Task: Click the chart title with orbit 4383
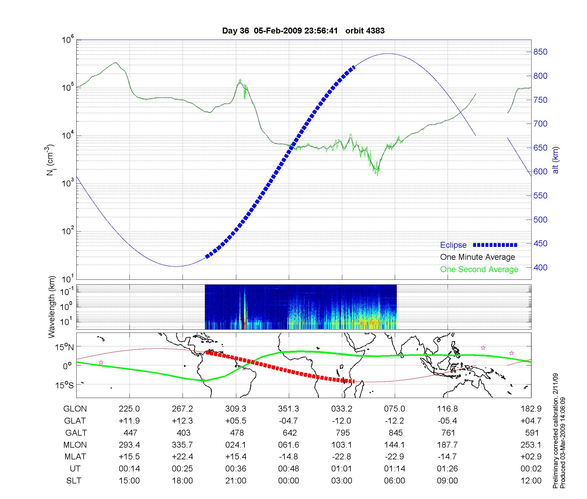(x=303, y=31)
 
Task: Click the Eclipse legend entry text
(x=453, y=245)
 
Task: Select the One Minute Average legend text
(x=478, y=257)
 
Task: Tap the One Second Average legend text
(x=479, y=269)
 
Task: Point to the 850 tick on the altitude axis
(x=540, y=52)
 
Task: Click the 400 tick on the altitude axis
(x=540, y=268)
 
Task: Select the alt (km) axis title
(x=556, y=160)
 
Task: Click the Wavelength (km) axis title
(x=52, y=307)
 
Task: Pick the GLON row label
(x=75, y=409)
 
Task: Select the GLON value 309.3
(x=236, y=409)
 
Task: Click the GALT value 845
(x=395, y=433)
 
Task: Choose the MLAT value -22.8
(x=342, y=457)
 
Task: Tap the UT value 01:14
(x=395, y=469)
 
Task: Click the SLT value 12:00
(x=531, y=481)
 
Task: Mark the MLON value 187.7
(x=448, y=445)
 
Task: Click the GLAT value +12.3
(x=182, y=421)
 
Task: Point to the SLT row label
(x=74, y=481)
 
